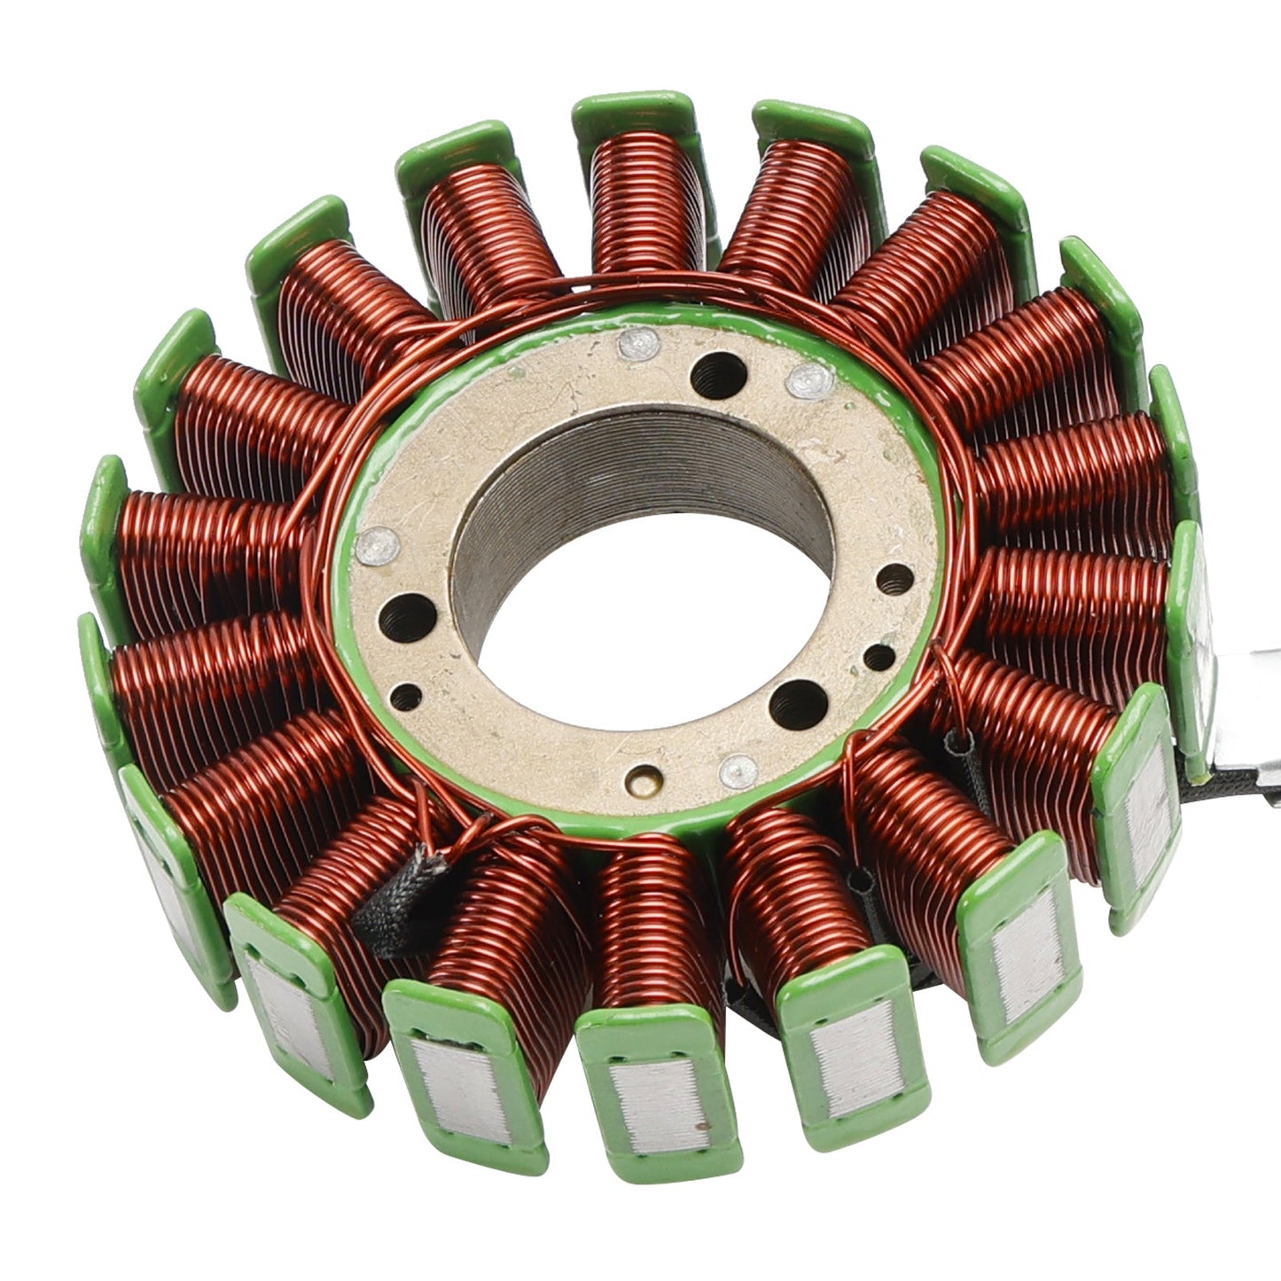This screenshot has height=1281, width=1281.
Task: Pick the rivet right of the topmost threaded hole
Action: click(809, 379)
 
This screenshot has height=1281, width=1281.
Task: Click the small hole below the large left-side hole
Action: click(405, 698)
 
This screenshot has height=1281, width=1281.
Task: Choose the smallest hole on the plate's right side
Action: click(879, 657)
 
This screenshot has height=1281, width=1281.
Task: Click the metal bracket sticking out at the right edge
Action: click(1246, 709)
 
